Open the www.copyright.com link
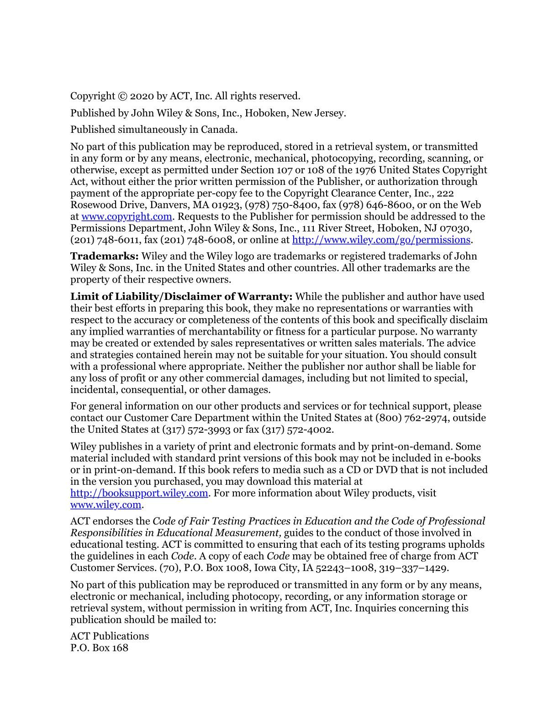[x=127, y=217]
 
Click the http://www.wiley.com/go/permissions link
[x=381, y=240]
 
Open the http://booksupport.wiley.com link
[x=139, y=493]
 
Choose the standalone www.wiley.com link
[x=105, y=505]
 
